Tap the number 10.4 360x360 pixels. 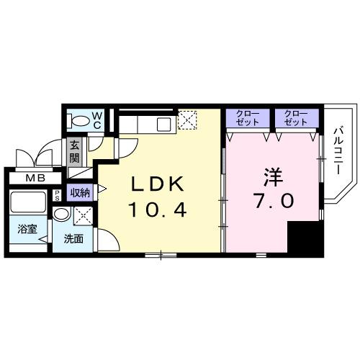tap(158, 210)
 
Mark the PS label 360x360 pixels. tap(57, 197)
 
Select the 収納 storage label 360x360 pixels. tap(80, 192)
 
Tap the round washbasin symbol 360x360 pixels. tap(63, 215)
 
